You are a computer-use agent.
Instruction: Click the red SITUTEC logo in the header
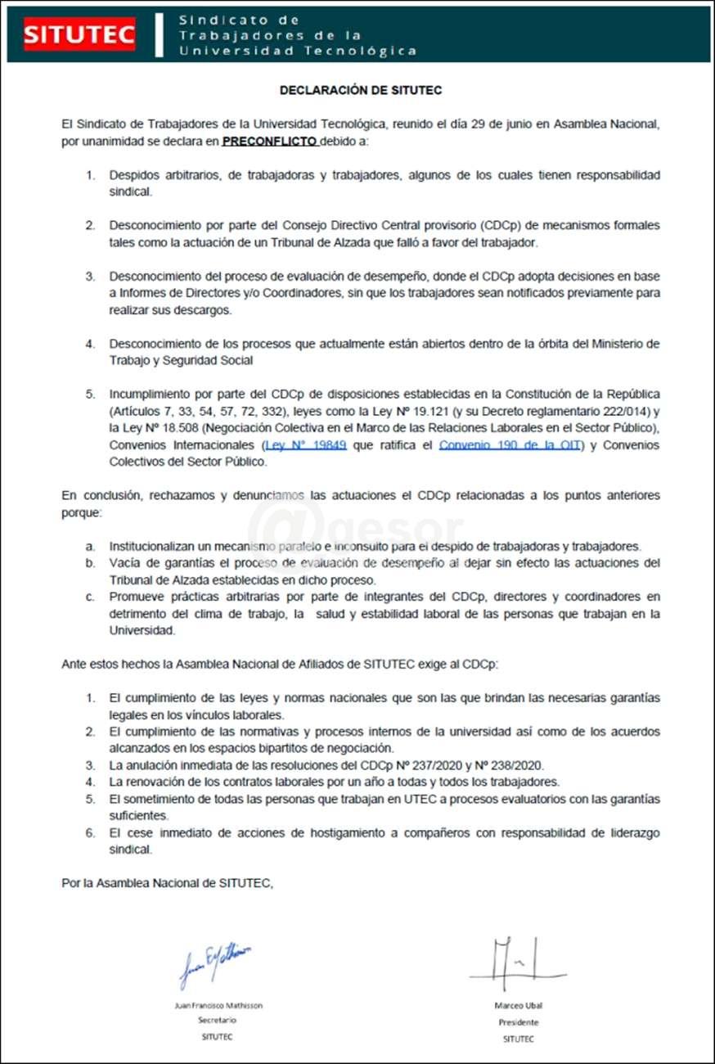pyautogui.click(x=79, y=34)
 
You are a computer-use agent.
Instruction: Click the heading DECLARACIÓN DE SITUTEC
pyautogui.click(x=361, y=90)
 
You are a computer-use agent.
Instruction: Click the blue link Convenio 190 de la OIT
pyautogui.click(x=509, y=446)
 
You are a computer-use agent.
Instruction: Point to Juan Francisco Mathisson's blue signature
pyautogui.click(x=214, y=963)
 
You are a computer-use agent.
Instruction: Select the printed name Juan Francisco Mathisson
pyautogui.click(x=218, y=1005)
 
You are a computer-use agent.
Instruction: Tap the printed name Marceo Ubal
pyautogui.click(x=518, y=1005)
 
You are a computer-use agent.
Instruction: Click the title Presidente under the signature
pyautogui.click(x=519, y=1021)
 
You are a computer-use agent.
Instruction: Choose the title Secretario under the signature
pyautogui.click(x=218, y=1021)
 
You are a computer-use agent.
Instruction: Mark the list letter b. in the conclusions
pyautogui.click(x=90, y=562)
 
